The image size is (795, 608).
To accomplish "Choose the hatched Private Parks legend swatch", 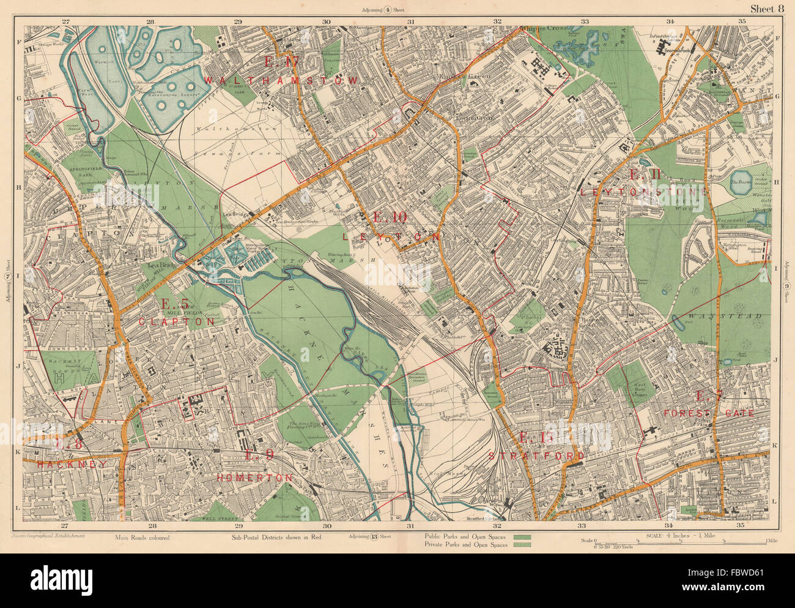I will coord(522,544).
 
